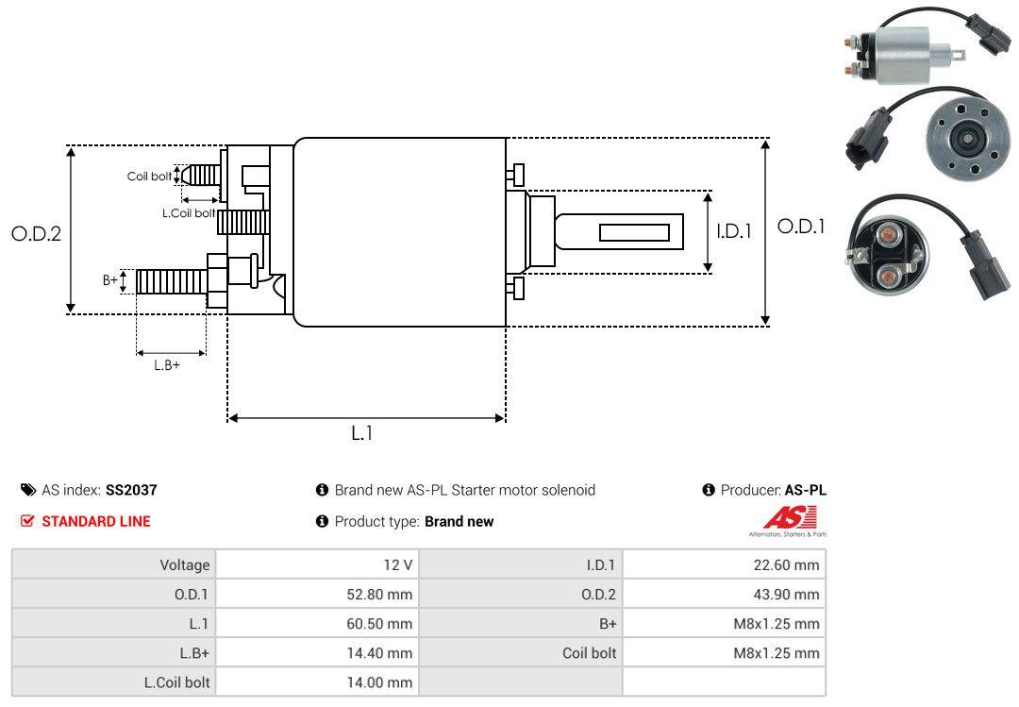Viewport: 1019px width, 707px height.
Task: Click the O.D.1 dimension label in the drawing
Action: point(800,227)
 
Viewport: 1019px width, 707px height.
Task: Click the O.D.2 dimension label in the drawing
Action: point(36,233)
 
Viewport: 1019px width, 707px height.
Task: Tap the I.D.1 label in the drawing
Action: point(733,230)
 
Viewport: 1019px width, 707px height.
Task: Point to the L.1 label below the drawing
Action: point(362,433)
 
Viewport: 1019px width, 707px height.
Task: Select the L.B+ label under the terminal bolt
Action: point(167,364)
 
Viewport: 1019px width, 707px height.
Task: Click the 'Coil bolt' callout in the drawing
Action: point(149,177)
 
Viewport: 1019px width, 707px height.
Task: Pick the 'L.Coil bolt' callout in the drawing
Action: point(189,213)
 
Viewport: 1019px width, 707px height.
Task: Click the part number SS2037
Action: point(131,490)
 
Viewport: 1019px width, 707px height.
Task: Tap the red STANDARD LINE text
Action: point(95,521)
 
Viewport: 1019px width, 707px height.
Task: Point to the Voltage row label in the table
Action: point(184,565)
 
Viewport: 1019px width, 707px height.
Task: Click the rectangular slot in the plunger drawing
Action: point(634,232)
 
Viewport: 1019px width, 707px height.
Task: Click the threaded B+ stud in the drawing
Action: point(170,280)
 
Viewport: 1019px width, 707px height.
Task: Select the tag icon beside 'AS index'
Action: point(28,490)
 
